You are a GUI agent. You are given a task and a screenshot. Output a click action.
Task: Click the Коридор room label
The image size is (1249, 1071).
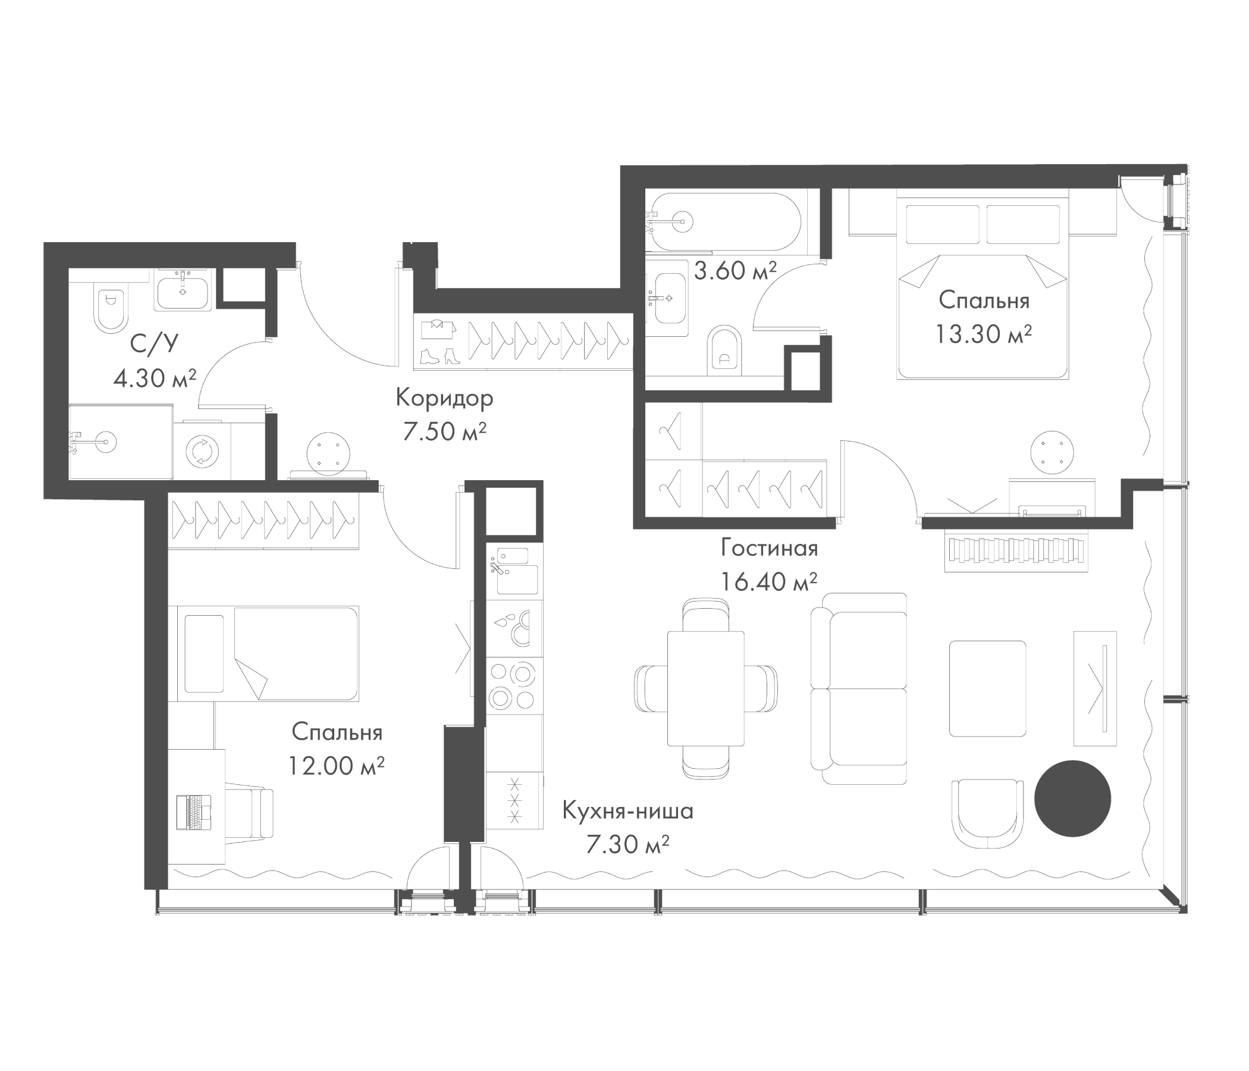click(444, 398)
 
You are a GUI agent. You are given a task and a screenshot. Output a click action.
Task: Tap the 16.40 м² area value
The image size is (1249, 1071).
click(769, 581)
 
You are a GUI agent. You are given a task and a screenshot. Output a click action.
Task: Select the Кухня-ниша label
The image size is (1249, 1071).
click(627, 811)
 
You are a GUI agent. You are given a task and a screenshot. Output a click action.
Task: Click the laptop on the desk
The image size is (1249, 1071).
click(194, 812)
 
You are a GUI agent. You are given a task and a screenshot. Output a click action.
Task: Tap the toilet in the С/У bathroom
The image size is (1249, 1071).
click(111, 308)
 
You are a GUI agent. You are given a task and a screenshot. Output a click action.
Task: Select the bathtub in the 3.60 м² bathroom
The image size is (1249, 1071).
click(723, 221)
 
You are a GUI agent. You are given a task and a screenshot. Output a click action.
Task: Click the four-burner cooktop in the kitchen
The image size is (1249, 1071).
click(512, 684)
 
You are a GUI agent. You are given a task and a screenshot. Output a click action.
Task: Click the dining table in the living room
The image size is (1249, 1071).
click(705, 688)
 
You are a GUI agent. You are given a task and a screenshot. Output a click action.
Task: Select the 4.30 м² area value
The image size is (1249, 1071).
click(155, 378)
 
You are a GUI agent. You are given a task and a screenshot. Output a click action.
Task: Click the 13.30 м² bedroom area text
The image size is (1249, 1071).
click(983, 333)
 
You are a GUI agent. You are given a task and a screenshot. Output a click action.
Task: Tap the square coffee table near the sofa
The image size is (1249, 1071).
click(987, 688)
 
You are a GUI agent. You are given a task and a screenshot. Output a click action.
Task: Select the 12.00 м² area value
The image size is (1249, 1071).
click(336, 766)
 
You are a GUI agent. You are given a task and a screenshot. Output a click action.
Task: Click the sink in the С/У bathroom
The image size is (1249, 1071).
click(183, 292)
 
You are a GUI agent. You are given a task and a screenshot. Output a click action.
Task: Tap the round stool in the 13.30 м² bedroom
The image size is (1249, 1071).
click(1052, 452)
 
